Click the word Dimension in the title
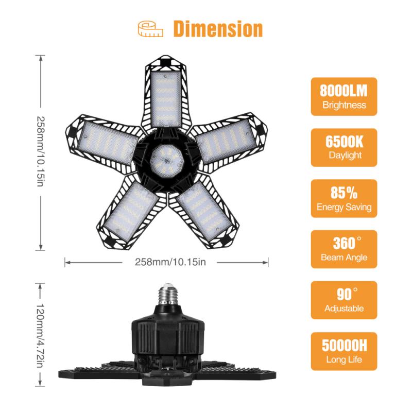(x=217, y=29)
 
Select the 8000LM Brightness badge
(x=344, y=97)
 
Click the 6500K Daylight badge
(x=344, y=147)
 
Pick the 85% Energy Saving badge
(x=344, y=198)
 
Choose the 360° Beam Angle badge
(x=344, y=249)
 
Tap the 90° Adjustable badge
(x=344, y=300)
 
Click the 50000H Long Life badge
(x=344, y=351)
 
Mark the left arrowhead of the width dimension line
(x=66, y=262)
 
